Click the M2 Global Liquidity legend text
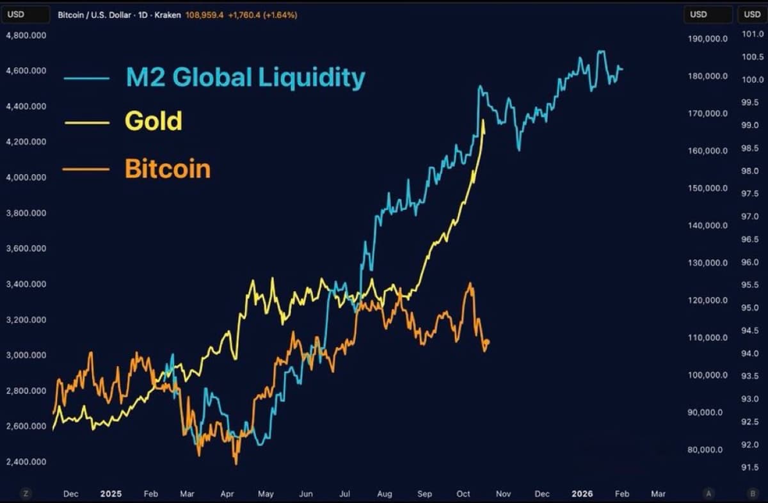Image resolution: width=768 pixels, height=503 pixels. coord(245,77)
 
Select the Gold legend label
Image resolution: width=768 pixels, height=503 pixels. coord(153,121)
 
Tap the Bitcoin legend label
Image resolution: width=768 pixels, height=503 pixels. coord(167,169)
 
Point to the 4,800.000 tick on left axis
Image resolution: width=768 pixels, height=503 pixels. coord(26,35)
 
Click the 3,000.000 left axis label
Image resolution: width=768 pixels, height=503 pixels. coord(26,355)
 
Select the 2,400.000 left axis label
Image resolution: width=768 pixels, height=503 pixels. coord(26,462)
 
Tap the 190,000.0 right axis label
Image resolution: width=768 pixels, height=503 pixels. coord(708,39)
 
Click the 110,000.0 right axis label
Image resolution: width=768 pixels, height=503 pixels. coord(708,338)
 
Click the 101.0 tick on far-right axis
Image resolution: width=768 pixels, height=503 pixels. coord(749,34)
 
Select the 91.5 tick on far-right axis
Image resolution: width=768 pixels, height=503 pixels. coord(750,468)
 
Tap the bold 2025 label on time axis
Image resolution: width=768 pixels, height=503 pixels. coord(111,494)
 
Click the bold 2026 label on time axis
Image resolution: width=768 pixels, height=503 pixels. coord(583,494)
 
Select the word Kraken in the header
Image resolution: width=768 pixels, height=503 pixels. coord(168,15)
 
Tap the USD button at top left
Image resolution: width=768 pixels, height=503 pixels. coord(25,14)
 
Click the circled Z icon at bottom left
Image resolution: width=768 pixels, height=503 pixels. coord(26,493)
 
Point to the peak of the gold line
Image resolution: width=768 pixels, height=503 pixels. coord(483,120)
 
